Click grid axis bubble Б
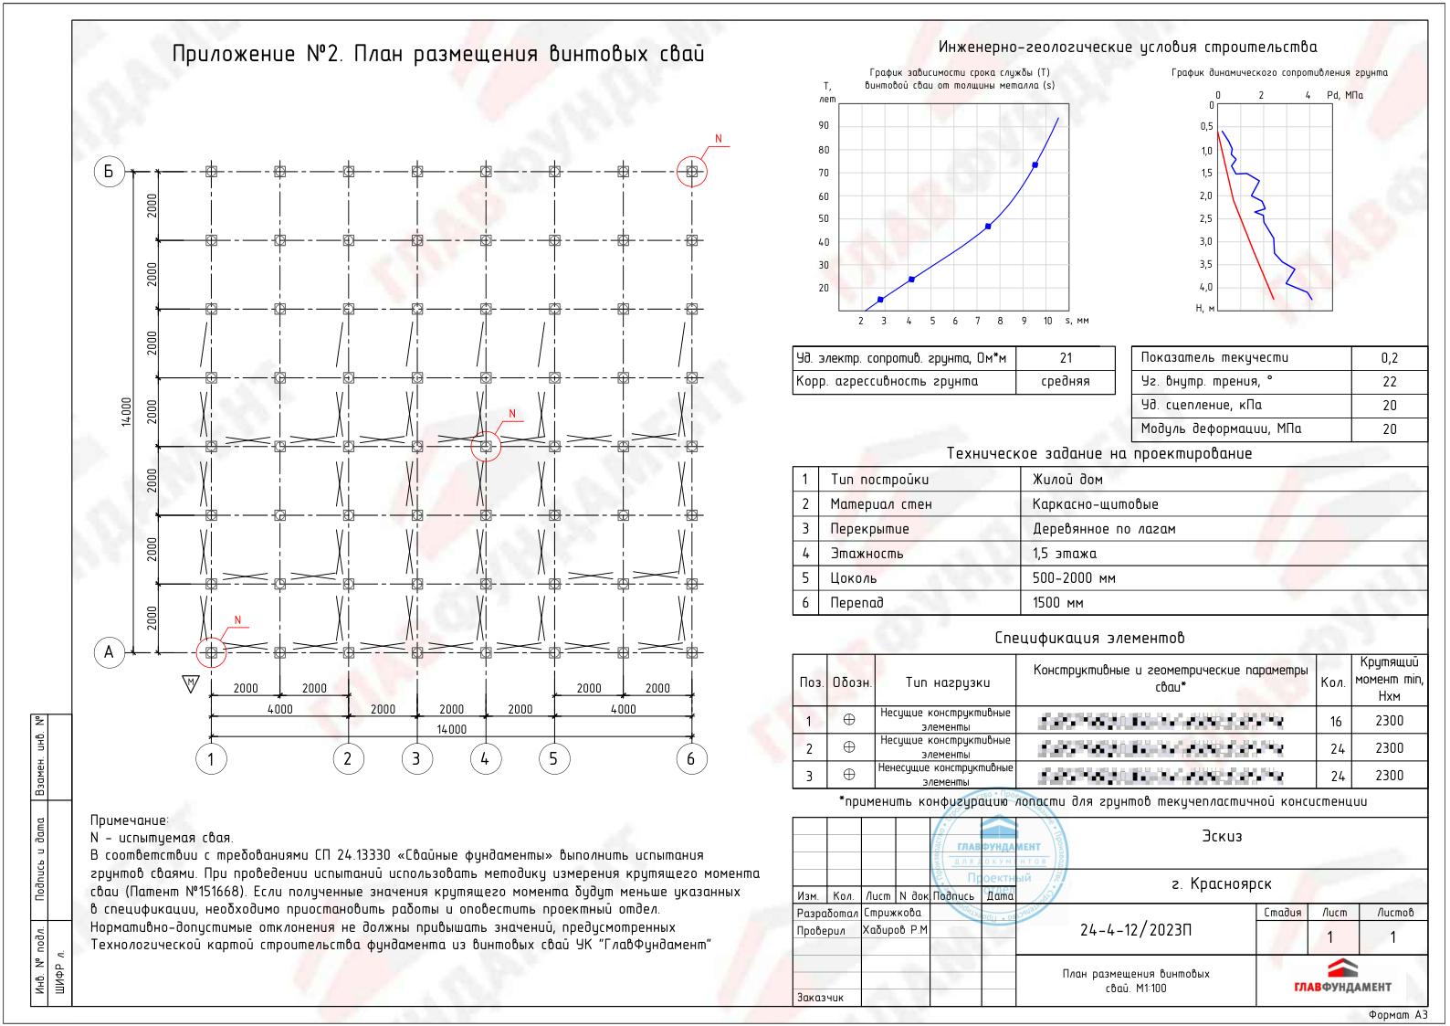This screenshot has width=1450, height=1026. pyautogui.click(x=110, y=171)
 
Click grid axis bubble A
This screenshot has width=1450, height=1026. pyautogui.click(x=110, y=652)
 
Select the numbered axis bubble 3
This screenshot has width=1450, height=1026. pyautogui.click(x=416, y=758)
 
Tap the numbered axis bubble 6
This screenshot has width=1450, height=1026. pyautogui.click(x=691, y=758)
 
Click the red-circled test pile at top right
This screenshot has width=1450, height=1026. pyautogui.click(x=691, y=171)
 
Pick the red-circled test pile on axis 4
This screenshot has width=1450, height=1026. pyautogui.click(x=486, y=446)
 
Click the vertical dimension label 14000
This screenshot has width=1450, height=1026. pyautogui.click(x=127, y=411)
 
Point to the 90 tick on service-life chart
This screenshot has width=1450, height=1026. pyautogui.click(x=824, y=125)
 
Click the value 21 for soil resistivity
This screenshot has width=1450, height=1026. pyautogui.click(x=1066, y=358)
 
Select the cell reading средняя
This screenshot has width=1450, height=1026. pyautogui.click(x=1066, y=381)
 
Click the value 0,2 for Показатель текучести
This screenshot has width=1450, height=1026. pyautogui.click(x=1389, y=358)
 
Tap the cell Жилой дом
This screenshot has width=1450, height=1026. pyautogui.click(x=1067, y=480)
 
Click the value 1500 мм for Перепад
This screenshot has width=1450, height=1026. pyautogui.click(x=1057, y=603)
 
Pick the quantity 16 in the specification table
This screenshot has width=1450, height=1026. pyautogui.click(x=1336, y=722)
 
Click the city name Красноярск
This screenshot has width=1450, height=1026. pyautogui.click(x=1222, y=884)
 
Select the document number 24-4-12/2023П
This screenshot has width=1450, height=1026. pyautogui.click(x=1136, y=930)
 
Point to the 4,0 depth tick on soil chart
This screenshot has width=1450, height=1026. pyautogui.click(x=1206, y=287)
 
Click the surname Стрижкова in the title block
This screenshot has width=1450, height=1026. pyautogui.click(x=892, y=913)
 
